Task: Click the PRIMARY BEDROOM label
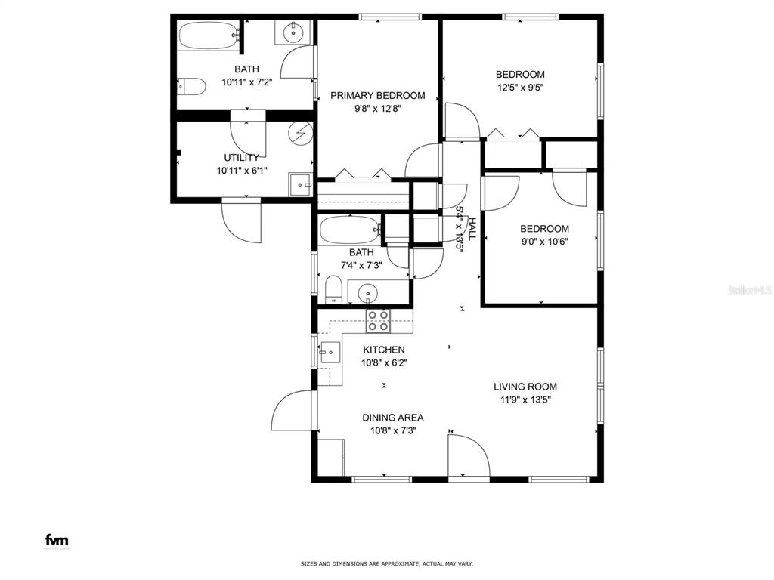[378, 96]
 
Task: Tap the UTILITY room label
[241, 158]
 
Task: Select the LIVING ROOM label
[525, 387]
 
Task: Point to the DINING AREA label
[393, 418]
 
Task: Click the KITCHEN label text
[383, 350]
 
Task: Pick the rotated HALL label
[472, 229]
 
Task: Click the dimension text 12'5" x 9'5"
[521, 88]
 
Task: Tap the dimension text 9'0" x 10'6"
[544, 242]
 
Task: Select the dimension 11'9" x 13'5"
[525, 400]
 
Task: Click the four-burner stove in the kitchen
[378, 320]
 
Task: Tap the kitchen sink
[330, 352]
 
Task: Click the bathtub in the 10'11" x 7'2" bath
[209, 35]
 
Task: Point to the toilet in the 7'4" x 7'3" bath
[333, 289]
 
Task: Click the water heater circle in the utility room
[301, 133]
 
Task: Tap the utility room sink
[301, 184]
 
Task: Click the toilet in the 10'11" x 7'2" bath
[191, 87]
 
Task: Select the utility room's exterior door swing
[241, 220]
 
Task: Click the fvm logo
[57, 539]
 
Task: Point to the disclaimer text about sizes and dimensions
[387, 563]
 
